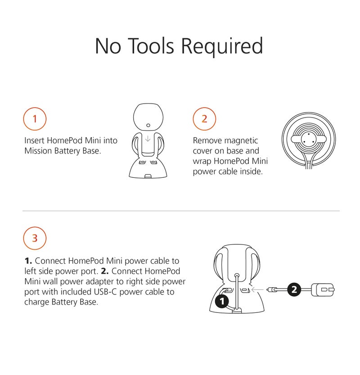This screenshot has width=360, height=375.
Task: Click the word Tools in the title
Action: tap(152, 46)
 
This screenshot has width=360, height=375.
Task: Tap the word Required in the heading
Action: tap(222, 47)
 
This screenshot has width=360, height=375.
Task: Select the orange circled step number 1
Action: tap(35, 119)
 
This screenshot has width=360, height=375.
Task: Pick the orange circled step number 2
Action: tap(204, 119)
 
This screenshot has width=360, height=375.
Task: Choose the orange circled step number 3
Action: tap(35, 238)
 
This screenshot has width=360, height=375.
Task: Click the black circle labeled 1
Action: tap(222, 301)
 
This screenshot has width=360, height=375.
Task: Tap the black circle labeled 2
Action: tap(294, 289)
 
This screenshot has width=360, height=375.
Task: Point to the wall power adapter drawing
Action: tap(323, 290)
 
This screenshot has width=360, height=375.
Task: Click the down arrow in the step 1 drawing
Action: tap(148, 139)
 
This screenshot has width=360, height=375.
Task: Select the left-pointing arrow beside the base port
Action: tap(258, 290)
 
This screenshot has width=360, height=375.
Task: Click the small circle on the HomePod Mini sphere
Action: tap(148, 125)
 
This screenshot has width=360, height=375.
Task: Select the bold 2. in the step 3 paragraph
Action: tap(105, 271)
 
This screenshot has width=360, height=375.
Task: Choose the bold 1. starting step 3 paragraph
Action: tap(28, 261)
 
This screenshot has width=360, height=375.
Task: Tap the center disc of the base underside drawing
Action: tap(309, 139)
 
